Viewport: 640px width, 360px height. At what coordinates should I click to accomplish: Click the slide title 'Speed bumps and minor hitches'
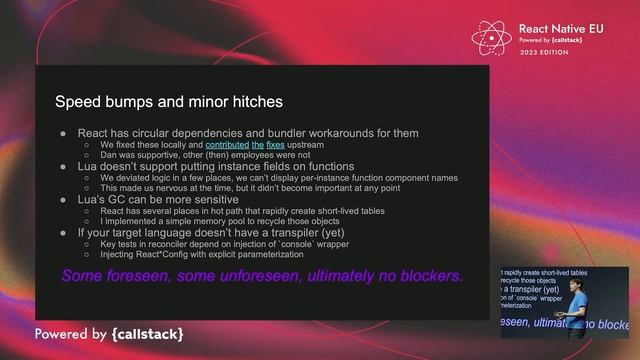pos(168,102)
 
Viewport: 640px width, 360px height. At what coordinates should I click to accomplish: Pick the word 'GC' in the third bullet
pos(117,200)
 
